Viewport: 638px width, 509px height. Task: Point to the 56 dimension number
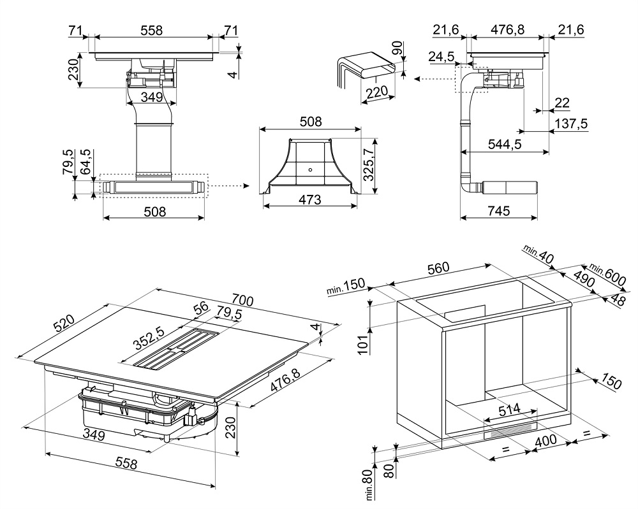coord(202,307)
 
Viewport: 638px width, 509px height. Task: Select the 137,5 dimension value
coord(572,124)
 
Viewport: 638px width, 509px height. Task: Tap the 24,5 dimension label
coord(441,57)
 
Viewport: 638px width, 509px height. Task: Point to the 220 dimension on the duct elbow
coord(378,93)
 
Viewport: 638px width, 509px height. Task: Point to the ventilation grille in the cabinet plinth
coord(510,431)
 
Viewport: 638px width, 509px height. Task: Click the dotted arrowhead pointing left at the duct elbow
coord(417,79)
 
